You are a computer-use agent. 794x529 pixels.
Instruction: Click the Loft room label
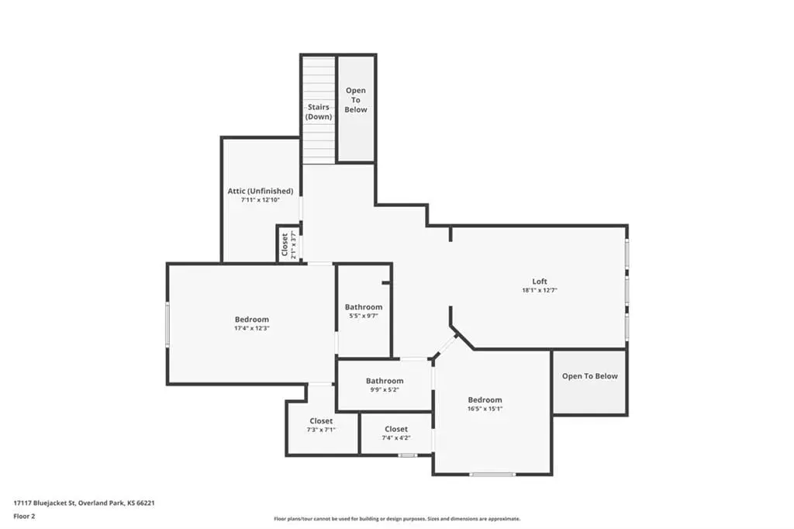(x=540, y=282)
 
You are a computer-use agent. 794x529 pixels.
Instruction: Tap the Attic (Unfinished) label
(x=261, y=191)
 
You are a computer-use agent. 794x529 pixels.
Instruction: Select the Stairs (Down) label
(x=319, y=112)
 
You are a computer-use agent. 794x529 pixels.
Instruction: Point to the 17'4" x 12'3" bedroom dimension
(x=252, y=328)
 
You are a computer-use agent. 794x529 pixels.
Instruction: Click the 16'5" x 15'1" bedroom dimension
(x=485, y=409)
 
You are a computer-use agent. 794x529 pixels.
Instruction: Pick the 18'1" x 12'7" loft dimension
(x=540, y=290)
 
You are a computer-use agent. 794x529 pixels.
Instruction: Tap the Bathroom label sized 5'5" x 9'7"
(x=364, y=307)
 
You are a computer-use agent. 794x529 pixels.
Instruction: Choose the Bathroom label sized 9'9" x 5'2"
(x=385, y=381)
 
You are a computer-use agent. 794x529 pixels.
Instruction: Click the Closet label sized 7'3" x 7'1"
(x=321, y=421)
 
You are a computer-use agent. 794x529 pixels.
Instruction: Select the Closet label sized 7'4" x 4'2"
(x=396, y=429)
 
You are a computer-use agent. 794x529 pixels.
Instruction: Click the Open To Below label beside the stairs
(x=356, y=100)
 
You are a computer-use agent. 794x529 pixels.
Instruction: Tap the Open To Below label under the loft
(x=590, y=376)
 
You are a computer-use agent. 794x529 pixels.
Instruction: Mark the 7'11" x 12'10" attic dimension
(x=261, y=200)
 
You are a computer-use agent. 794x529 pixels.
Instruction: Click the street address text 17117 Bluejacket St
(x=44, y=503)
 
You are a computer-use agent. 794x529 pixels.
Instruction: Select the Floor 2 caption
(x=24, y=517)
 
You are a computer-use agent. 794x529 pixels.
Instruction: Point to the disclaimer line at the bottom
(x=397, y=519)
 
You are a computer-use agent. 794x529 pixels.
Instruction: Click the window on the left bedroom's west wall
(x=167, y=325)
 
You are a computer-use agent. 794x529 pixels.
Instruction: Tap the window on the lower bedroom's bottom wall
(x=492, y=474)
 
